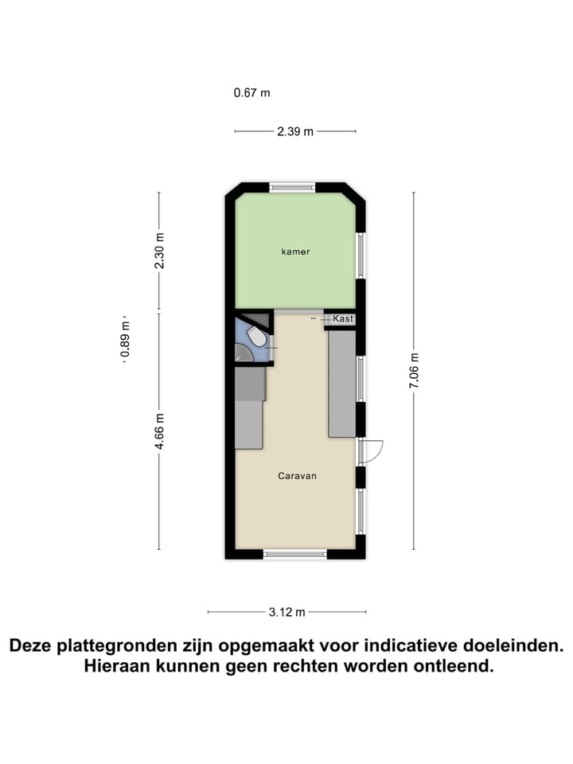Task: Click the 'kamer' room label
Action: [x=295, y=251]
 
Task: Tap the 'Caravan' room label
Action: [x=298, y=476]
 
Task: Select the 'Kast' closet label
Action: [x=343, y=318]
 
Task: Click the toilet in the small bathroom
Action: [x=256, y=338]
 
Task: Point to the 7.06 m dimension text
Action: [x=413, y=371]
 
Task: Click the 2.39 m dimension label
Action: [x=295, y=132]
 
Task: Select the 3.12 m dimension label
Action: [x=287, y=612]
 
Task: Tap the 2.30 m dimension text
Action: [x=159, y=249]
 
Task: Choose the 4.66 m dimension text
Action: [x=159, y=431]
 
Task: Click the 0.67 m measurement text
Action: [x=251, y=92]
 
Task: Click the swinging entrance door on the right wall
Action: [x=371, y=451]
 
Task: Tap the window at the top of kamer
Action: [x=293, y=188]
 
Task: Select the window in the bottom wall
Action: [x=294, y=553]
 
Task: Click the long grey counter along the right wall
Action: [x=342, y=384]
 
